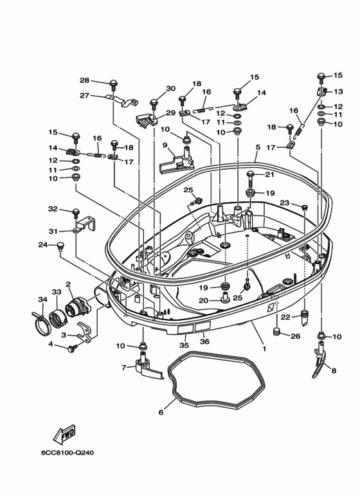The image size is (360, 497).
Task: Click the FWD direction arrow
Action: point(64,434)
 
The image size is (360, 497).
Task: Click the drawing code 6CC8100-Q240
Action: point(67,452)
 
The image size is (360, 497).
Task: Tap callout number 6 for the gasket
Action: point(161,412)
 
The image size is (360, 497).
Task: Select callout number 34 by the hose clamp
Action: point(42,299)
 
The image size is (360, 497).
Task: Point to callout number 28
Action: point(84,80)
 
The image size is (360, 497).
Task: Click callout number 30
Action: point(170,88)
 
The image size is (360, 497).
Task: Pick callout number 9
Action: point(165,145)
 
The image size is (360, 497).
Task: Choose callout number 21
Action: point(269,174)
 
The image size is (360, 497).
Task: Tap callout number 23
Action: point(285,203)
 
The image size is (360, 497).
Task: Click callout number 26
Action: point(295,336)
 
